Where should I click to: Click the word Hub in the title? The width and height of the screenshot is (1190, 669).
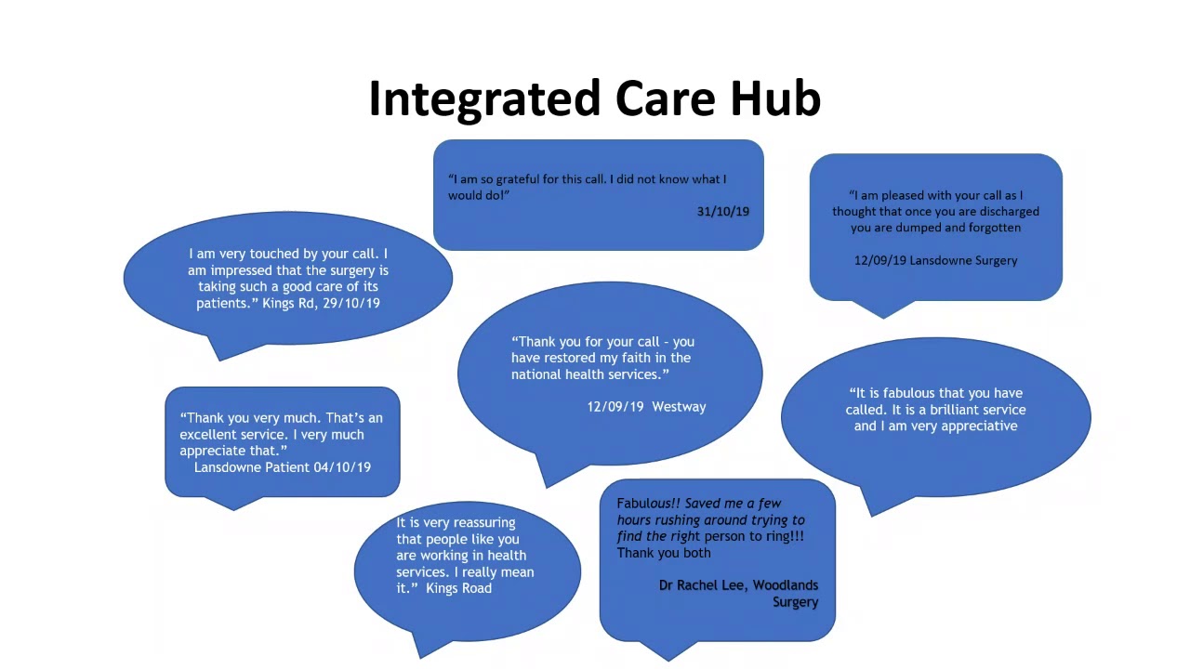tap(774, 98)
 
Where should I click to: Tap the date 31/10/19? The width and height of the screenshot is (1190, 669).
tap(722, 212)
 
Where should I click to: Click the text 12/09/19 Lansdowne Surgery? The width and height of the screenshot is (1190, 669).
tap(935, 260)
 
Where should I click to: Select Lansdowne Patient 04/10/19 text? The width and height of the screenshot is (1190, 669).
tap(282, 467)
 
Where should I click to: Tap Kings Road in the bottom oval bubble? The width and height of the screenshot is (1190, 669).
tap(458, 588)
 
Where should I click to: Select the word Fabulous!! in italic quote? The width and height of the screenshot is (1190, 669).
tap(648, 504)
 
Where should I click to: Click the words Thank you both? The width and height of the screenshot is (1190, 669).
tap(664, 553)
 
